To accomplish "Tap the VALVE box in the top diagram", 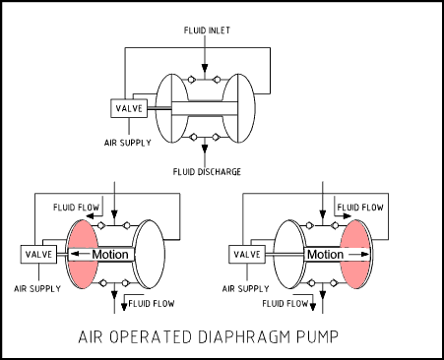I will pos(129,109).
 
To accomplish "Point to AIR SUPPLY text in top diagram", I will pos(128,140).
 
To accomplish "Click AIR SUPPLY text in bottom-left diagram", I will pos(36,288).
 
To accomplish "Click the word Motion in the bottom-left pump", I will pos(109,255).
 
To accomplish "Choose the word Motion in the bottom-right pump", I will pos(324,255).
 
